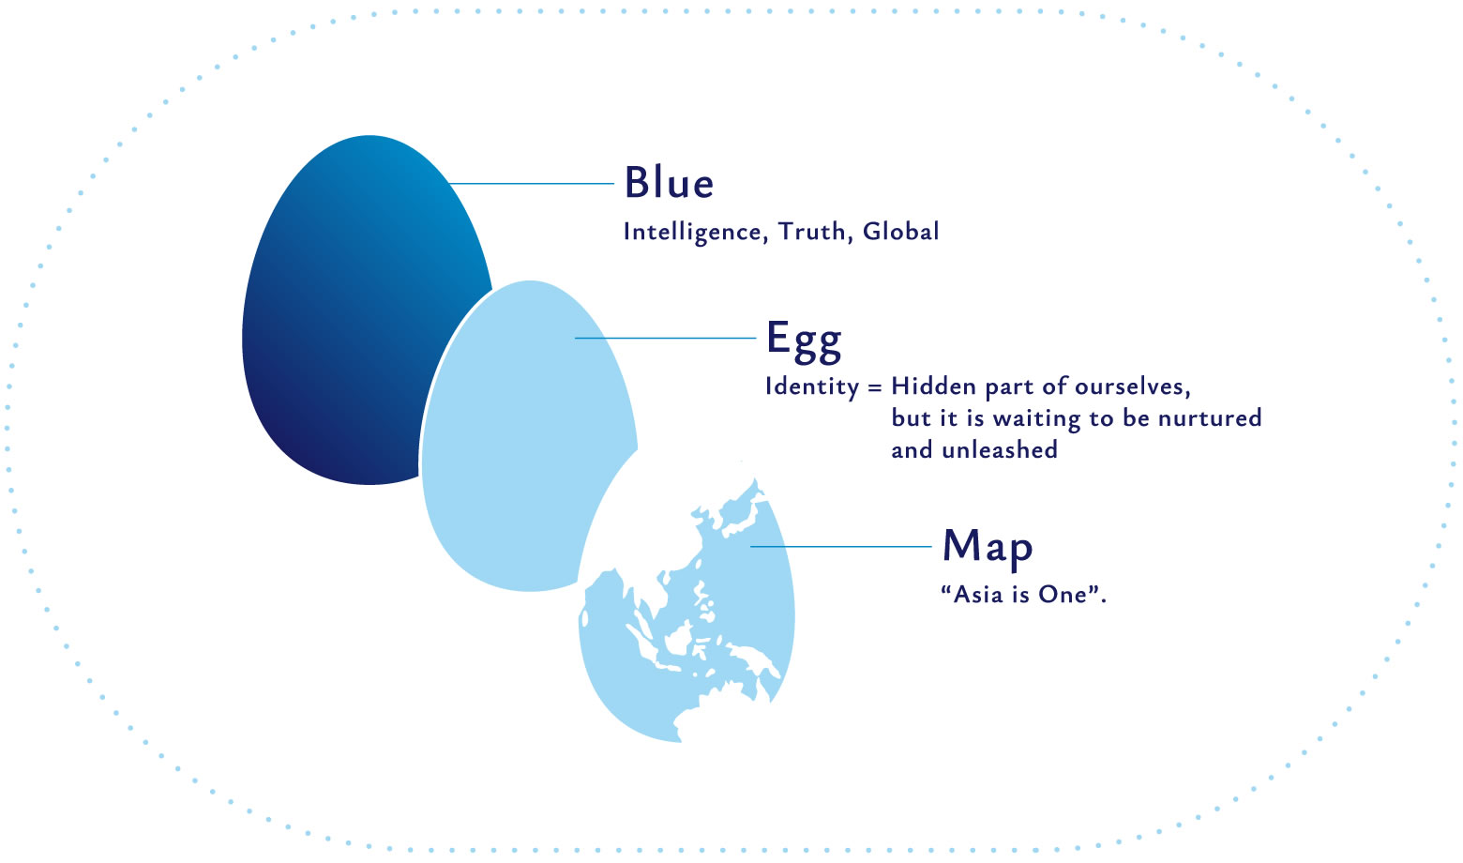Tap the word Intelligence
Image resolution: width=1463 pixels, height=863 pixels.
pyautogui.click(x=692, y=232)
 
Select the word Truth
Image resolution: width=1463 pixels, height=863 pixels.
pyautogui.click(x=812, y=232)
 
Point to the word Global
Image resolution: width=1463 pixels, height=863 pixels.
pyautogui.click(x=900, y=232)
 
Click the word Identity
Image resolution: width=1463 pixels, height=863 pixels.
pyautogui.click(x=812, y=387)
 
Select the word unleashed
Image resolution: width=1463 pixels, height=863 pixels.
pyautogui.click(x=1000, y=450)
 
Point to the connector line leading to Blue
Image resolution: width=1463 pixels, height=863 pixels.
pyautogui.click(x=533, y=184)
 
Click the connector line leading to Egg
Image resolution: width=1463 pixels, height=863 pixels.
pyautogui.click(x=666, y=338)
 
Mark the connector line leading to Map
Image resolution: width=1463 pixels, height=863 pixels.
pyautogui.click(x=841, y=546)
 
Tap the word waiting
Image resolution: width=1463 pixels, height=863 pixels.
pyautogui.click(x=1036, y=419)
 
